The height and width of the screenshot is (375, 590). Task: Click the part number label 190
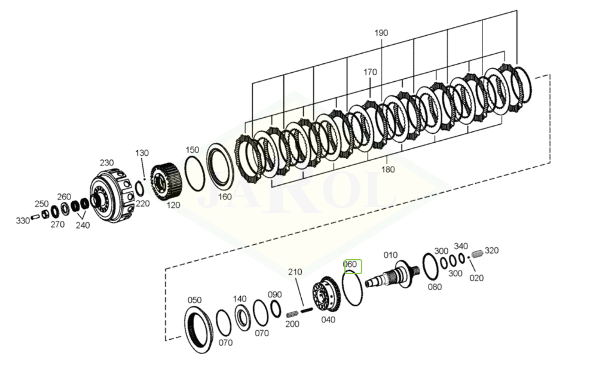(381, 33)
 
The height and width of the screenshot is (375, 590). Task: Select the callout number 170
(370, 72)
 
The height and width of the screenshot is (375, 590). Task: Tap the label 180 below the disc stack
(387, 170)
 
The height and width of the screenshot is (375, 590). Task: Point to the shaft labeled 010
(393, 277)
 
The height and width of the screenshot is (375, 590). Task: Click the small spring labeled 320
(477, 254)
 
